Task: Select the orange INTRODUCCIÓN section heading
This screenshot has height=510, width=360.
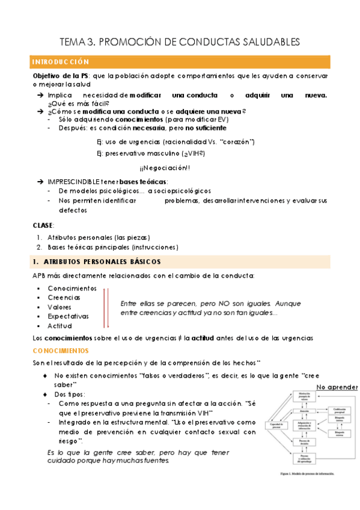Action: pyautogui.click(x=60, y=62)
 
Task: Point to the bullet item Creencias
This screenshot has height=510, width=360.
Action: pyautogui.click(x=64, y=297)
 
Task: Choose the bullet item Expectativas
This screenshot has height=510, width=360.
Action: pyautogui.click(x=68, y=316)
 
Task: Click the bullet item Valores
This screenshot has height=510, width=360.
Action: pyautogui.click(x=60, y=307)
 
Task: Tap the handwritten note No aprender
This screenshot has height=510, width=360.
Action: pyautogui.click(x=337, y=387)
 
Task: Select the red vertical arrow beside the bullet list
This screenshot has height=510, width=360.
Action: pyautogui.click(x=106, y=307)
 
